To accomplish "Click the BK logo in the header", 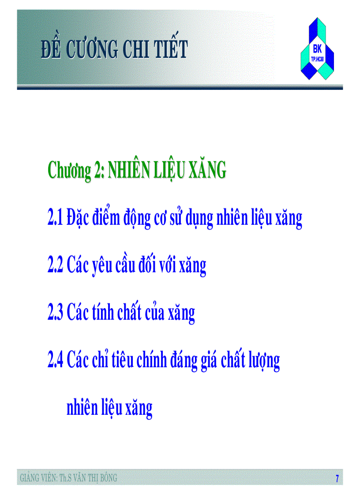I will pos(317,49).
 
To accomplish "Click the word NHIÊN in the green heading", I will pos(128,170).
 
